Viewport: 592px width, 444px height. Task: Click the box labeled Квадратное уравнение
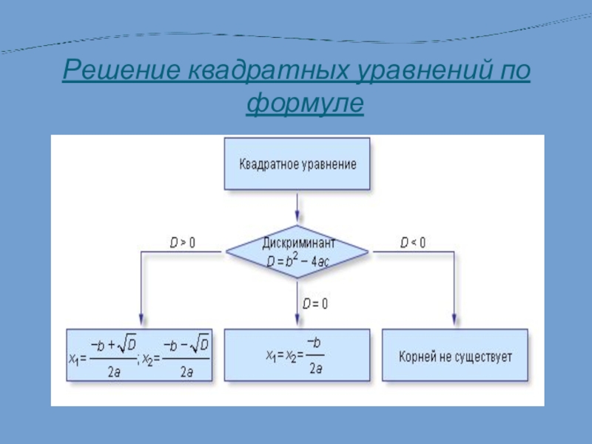[297, 164]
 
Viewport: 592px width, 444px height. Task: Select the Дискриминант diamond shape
[297, 252]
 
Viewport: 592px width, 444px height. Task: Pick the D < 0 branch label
[413, 242]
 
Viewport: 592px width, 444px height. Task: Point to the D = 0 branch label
[315, 303]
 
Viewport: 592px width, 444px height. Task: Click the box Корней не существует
[454, 355]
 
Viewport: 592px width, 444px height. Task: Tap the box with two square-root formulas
[139, 355]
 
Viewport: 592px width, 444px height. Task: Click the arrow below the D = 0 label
[297, 314]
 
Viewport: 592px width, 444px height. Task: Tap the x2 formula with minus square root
[178, 357]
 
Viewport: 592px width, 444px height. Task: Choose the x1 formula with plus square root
[104, 357]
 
